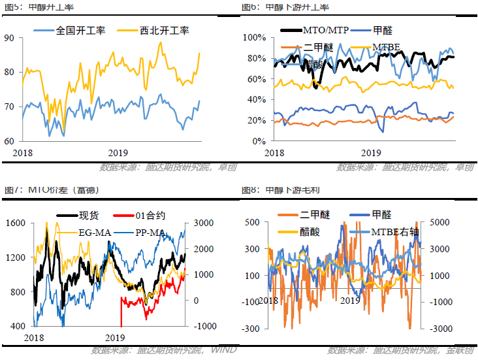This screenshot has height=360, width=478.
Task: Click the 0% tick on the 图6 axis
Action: [257, 140]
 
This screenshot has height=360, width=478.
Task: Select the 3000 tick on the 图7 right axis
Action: [197, 223]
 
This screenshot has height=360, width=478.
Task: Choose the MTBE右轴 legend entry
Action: [396, 231]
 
